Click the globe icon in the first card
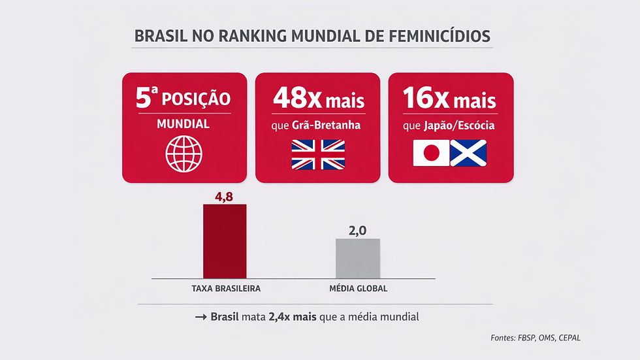[184, 154]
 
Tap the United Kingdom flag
[317, 155]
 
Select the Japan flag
[430, 154]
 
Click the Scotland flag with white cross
[468, 154]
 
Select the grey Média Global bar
[357, 258]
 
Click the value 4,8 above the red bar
[225, 195]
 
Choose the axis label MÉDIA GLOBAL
[357, 288]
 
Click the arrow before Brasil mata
[200, 318]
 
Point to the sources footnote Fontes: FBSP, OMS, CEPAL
[535, 338]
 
